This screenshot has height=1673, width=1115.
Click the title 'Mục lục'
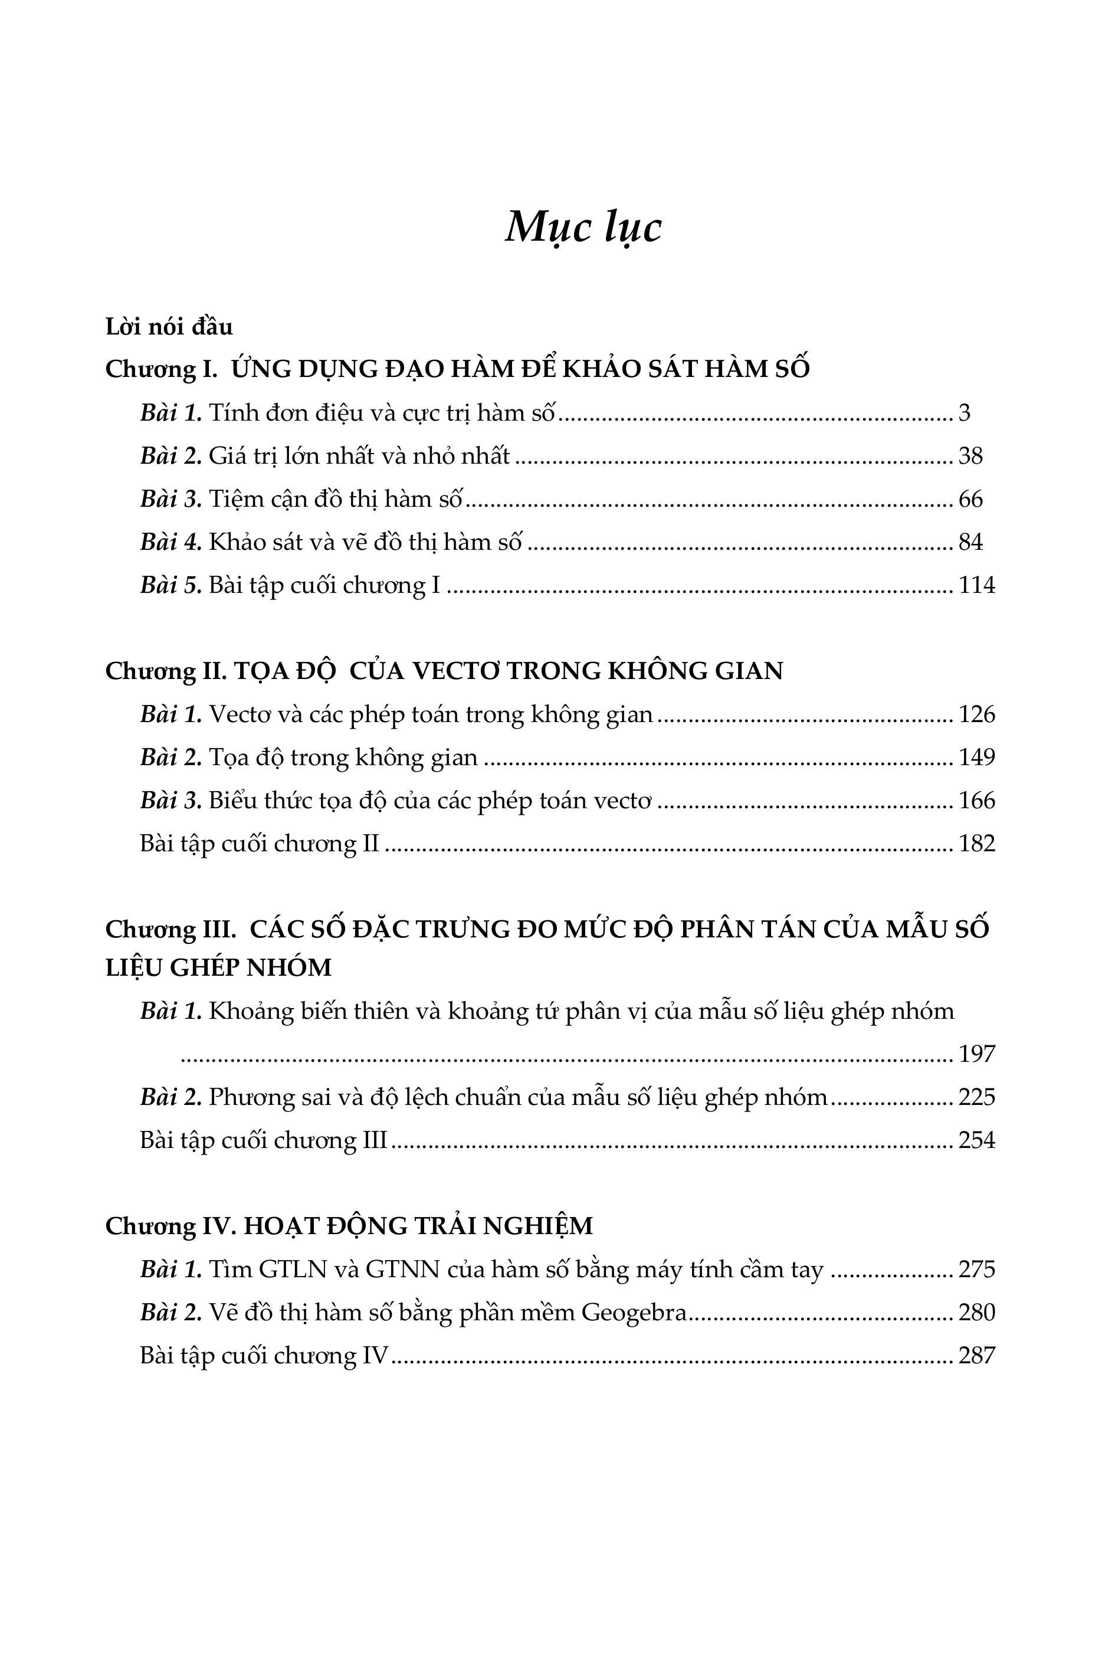(x=583, y=228)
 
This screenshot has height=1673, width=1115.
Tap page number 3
(x=964, y=413)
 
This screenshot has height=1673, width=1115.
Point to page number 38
(x=970, y=456)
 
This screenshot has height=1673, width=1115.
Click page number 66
(x=970, y=499)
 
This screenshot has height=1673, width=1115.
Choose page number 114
(x=976, y=585)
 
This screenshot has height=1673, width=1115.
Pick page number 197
(x=976, y=1054)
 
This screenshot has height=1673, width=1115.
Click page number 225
(x=976, y=1097)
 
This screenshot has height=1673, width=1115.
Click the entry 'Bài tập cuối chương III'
(x=263, y=1140)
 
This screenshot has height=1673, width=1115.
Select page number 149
(x=976, y=757)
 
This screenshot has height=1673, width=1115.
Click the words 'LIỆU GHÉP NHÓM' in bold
(x=218, y=967)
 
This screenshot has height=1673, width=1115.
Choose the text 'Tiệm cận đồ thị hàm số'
(x=335, y=499)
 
